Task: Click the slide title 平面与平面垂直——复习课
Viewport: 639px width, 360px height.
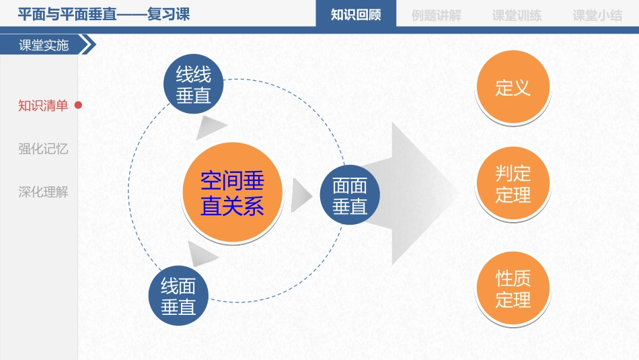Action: pos(104,14)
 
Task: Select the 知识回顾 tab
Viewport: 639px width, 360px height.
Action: pos(356,15)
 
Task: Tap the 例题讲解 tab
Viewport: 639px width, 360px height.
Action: pos(436,15)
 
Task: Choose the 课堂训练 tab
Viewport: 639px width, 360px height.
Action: pos(517,15)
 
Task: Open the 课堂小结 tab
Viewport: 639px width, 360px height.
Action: pos(597,15)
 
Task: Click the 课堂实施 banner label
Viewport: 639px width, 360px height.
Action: pos(44,45)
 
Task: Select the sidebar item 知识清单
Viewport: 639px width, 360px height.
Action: pos(43,106)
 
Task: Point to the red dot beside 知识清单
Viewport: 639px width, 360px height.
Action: pos(78,105)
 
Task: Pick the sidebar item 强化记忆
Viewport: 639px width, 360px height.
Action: pos(43,149)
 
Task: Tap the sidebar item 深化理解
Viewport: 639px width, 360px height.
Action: pos(43,192)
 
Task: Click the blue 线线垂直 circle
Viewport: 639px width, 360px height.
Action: pos(193,85)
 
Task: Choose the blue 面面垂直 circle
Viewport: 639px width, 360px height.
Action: pos(350,195)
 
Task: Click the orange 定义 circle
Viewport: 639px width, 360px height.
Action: pos(513,87)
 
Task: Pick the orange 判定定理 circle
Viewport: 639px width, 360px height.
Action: pos(513,184)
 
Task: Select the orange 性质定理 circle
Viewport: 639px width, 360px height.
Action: pos(513,289)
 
